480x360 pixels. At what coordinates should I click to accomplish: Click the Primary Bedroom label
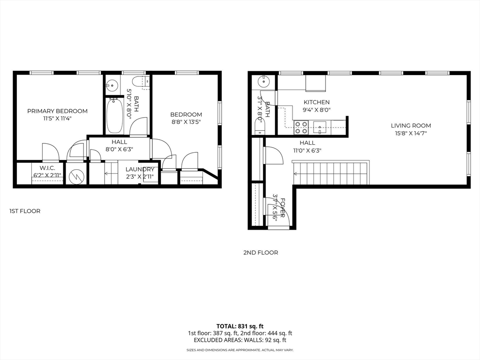coord(57,111)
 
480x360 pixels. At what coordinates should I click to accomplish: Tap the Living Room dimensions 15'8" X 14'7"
coord(411,133)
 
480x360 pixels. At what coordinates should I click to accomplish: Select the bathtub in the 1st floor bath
coord(115,115)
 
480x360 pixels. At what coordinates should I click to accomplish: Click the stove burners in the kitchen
coord(301,127)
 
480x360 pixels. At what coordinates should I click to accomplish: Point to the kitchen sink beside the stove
coord(320,127)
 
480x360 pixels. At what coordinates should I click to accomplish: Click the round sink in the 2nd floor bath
coord(263,82)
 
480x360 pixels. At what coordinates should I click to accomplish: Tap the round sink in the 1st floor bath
coord(112,84)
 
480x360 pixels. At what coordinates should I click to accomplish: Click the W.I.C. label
coord(47,168)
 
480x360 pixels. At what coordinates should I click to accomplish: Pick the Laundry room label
coord(140,169)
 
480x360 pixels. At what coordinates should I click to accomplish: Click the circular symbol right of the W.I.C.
coord(76,176)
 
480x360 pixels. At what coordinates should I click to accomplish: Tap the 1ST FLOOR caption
coord(25,211)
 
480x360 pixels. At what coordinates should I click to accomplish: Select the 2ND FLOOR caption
coord(261,253)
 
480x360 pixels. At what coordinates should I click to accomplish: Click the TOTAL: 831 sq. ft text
coord(240,326)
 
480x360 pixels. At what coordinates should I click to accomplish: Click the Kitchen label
coord(316,102)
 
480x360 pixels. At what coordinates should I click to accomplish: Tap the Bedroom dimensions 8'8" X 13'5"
coord(186,122)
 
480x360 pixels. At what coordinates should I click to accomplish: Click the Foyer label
coord(283,208)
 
